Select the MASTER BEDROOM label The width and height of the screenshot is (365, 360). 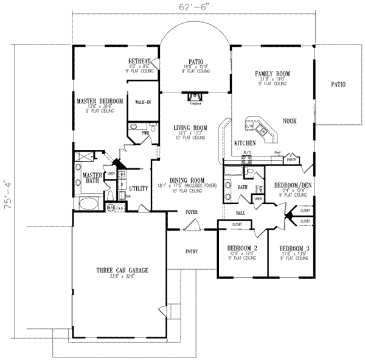click(x=100, y=100)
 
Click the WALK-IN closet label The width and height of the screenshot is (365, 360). click(x=143, y=102)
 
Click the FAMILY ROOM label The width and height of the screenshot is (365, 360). click(x=272, y=73)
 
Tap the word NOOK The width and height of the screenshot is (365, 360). click(x=290, y=121)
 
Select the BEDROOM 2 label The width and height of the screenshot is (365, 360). click(x=241, y=249)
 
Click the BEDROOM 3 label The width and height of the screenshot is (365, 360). click(x=293, y=249)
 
